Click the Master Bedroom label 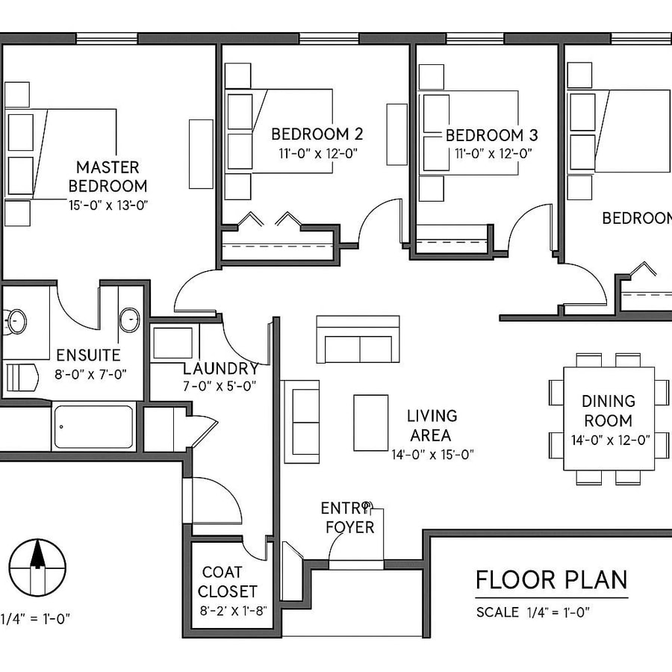[108, 176]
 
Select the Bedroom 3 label [491, 135]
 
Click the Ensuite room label [88, 355]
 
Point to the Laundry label [221, 368]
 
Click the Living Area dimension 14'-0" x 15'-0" [432, 453]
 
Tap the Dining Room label [609, 411]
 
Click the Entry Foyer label [347, 517]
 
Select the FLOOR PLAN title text [552, 579]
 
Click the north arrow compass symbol [37, 567]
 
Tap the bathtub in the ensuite [93, 427]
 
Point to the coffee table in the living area [370, 423]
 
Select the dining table [609, 418]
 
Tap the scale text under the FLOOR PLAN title [533, 612]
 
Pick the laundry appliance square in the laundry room [172, 343]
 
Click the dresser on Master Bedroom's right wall [201, 153]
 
